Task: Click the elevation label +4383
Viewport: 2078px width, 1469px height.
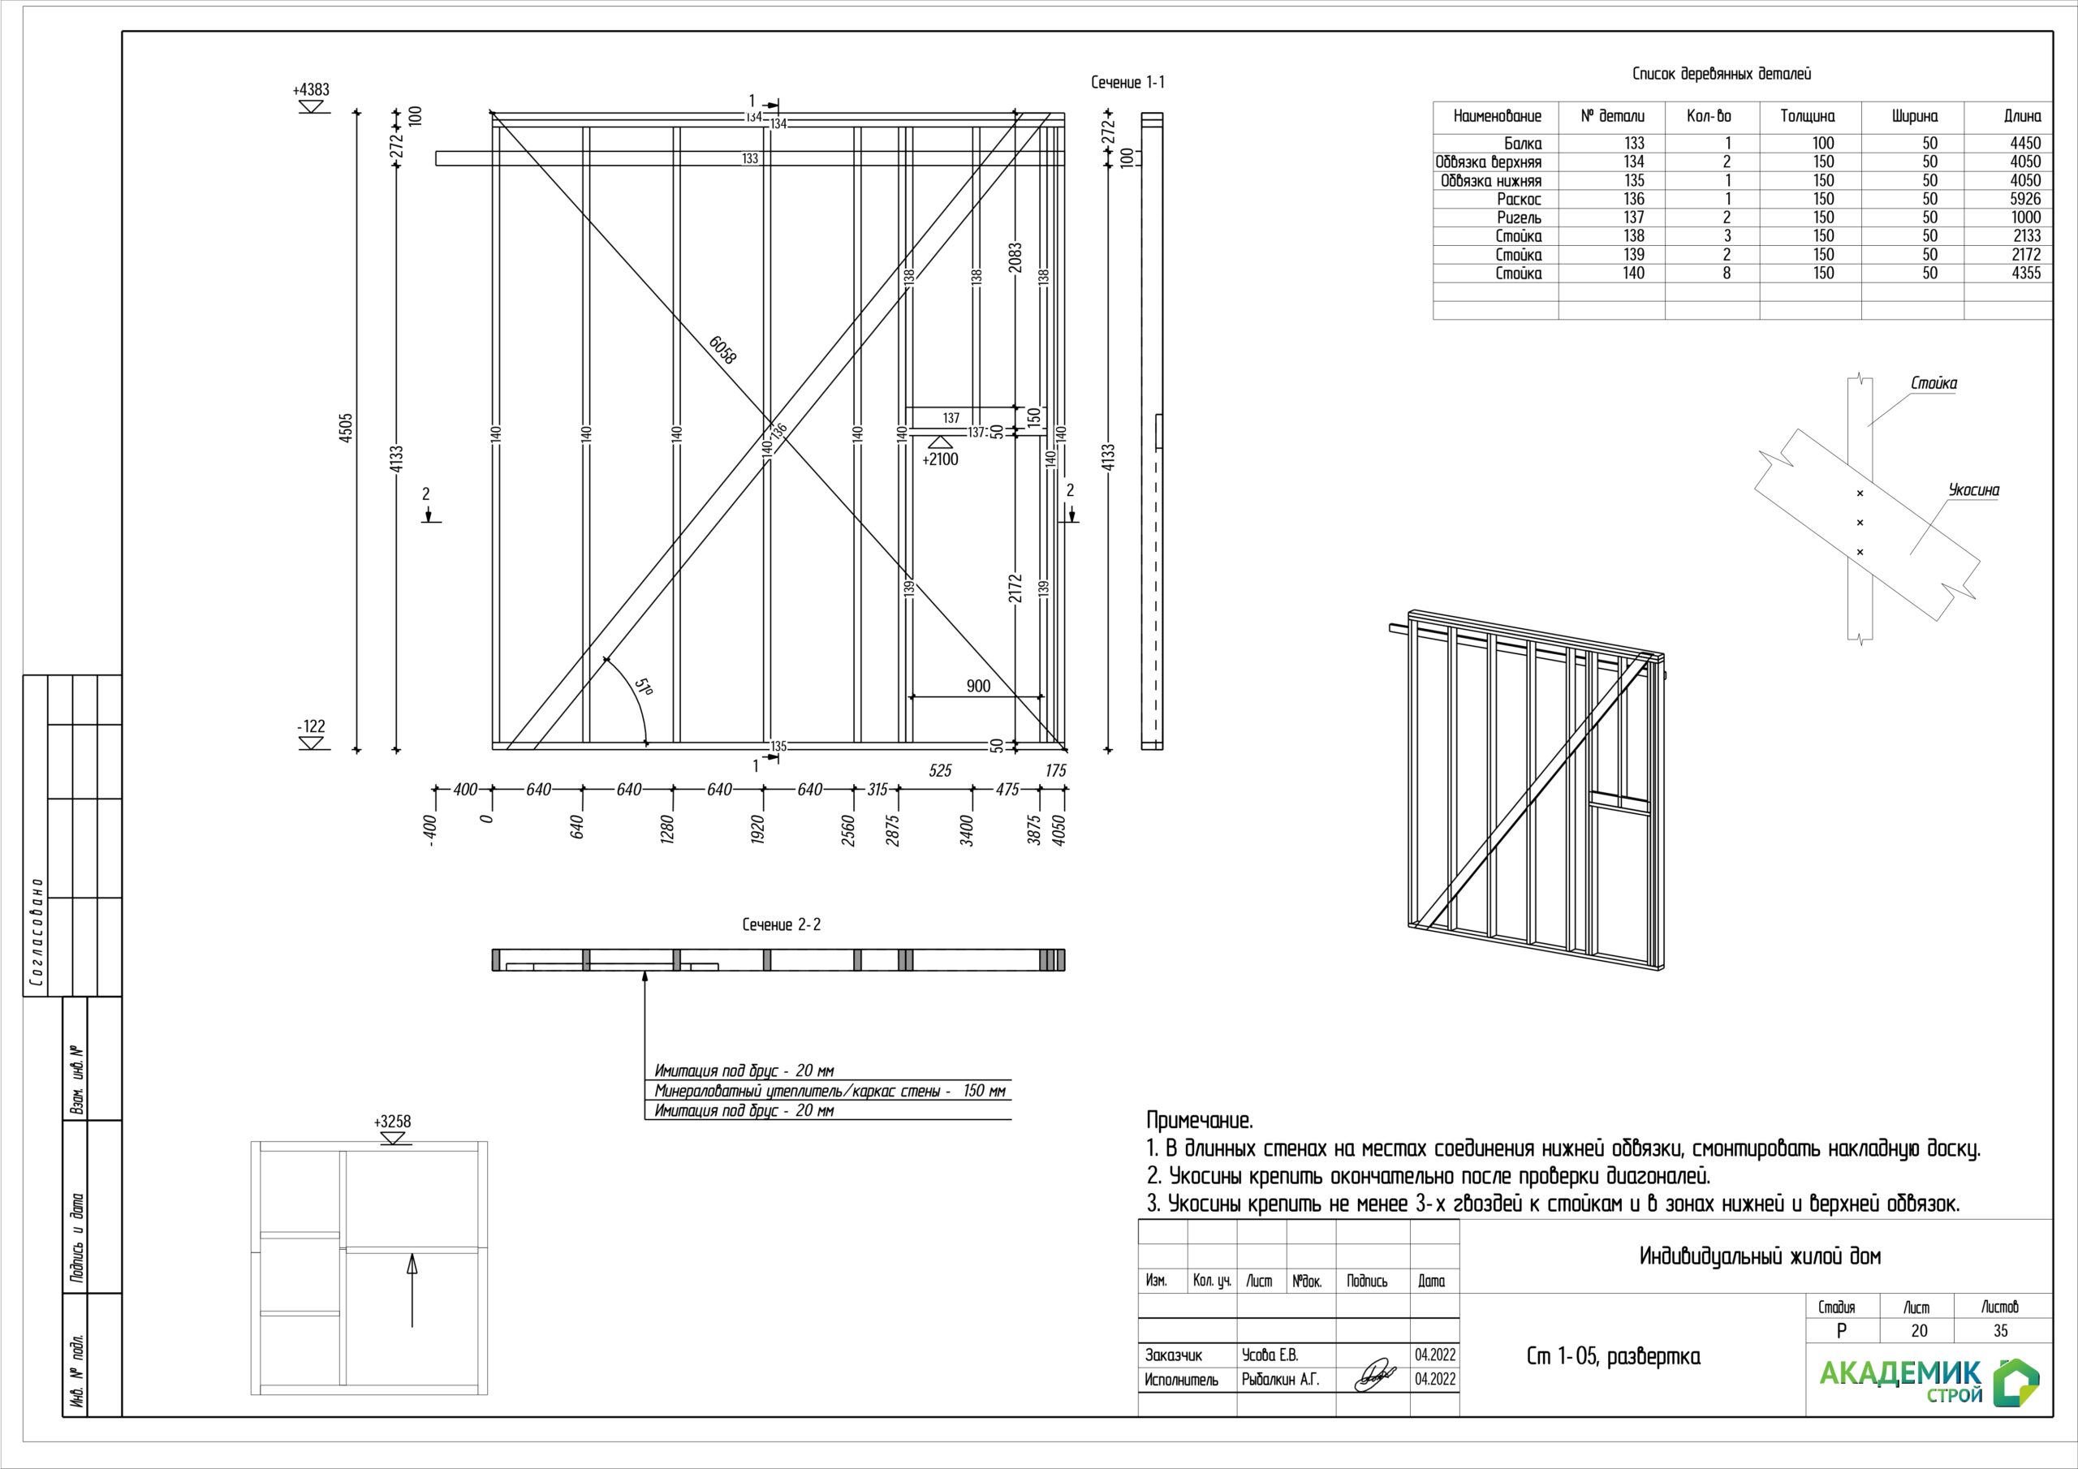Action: tap(312, 89)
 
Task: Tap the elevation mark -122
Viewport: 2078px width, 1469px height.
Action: tap(312, 726)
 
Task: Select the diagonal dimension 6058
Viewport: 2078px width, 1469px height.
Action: tap(722, 348)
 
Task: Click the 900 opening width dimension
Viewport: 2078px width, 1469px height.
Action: tap(978, 686)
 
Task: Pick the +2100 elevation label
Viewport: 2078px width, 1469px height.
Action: tap(940, 459)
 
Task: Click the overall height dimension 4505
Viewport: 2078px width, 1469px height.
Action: tap(346, 428)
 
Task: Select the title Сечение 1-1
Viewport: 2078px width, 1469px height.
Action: tap(1127, 82)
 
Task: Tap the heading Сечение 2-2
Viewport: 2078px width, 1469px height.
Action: tap(781, 924)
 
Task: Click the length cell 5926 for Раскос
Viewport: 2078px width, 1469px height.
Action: tap(2025, 199)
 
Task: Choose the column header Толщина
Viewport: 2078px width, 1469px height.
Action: tap(1808, 116)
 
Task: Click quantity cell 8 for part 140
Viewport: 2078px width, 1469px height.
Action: tap(1727, 274)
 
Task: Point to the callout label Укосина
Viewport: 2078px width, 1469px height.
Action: tap(1974, 490)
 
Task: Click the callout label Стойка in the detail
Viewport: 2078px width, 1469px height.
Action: tap(1934, 383)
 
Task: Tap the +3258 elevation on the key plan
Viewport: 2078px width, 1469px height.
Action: tap(392, 1122)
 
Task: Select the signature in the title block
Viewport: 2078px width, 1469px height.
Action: tap(1375, 1375)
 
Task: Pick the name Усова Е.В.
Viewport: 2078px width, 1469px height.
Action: tap(1270, 1355)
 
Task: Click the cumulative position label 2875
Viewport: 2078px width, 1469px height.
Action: tap(895, 831)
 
